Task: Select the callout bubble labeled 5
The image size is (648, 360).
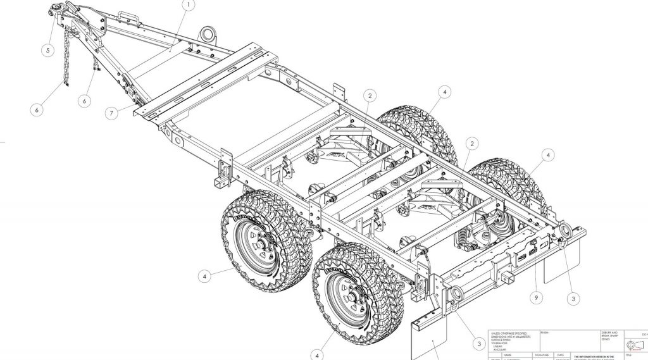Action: (49, 51)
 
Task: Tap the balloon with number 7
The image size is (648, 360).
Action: (111, 113)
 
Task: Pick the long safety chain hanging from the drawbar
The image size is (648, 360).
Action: (66, 60)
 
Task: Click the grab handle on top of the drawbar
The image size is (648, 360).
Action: (126, 14)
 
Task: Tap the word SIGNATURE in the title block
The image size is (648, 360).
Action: (544, 355)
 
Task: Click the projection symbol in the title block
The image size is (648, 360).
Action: (633, 345)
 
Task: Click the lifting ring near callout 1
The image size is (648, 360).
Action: (206, 32)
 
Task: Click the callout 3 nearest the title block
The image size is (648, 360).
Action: (478, 344)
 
